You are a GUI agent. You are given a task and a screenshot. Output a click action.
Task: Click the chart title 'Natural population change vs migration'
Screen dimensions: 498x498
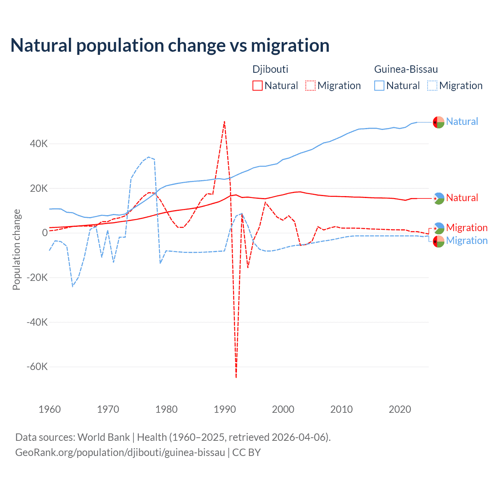pyautogui.click(x=170, y=46)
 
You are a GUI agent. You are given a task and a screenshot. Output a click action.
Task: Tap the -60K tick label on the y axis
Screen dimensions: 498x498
pyautogui.click(x=37, y=366)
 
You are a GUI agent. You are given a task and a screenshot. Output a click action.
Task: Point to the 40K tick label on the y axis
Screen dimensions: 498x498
pyautogui.click(x=39, y=144)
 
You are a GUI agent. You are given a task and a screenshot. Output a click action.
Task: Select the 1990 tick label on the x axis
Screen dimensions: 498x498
pyautogui.click(x=225, y=409)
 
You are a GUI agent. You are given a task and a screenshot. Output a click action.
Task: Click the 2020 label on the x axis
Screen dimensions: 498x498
pyautogui.click(x=400, y=409)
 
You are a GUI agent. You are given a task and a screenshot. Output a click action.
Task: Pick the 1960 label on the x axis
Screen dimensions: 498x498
pyautogui.click(x=50, y=409)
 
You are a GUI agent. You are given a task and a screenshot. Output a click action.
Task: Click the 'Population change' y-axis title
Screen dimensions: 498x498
pyautogui.click(x=16, y=249)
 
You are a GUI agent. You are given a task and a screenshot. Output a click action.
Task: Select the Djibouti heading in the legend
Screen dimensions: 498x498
pyautogui.click(x=270, y=69)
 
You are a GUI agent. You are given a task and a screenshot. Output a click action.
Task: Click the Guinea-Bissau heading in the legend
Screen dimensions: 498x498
pyautogui.click(x=406, y=69)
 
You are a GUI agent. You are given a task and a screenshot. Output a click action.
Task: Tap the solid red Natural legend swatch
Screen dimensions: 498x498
pyautogui.click(x=258, y=86)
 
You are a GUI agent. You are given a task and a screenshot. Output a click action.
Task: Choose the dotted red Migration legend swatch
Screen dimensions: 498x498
pyautogui.click(x=310, y=86)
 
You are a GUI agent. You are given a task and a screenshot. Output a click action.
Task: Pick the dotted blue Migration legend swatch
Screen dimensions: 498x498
pyautogui.click(x=432, y=86)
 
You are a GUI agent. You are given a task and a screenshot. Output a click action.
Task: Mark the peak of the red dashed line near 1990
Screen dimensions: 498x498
pyautogui.click(x=224, y=121)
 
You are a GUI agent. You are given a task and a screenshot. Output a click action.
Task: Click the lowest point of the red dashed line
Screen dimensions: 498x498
pyautogui.click(x=236, y=377)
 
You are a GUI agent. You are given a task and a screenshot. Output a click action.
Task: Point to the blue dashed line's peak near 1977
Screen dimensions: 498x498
pyautogui.click(x=149, y=157)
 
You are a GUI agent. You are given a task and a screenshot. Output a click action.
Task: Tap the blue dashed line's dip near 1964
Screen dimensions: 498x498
pyautogui.click(x=73, y=286)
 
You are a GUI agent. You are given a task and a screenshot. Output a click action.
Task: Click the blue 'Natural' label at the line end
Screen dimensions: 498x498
pyautogui.click(x=462, y=121)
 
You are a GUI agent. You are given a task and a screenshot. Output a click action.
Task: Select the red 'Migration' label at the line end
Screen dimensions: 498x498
pyautogui.click(x=466, y=228)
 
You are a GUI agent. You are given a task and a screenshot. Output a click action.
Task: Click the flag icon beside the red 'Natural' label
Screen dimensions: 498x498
pyautogui.click(x=438, y=198)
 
